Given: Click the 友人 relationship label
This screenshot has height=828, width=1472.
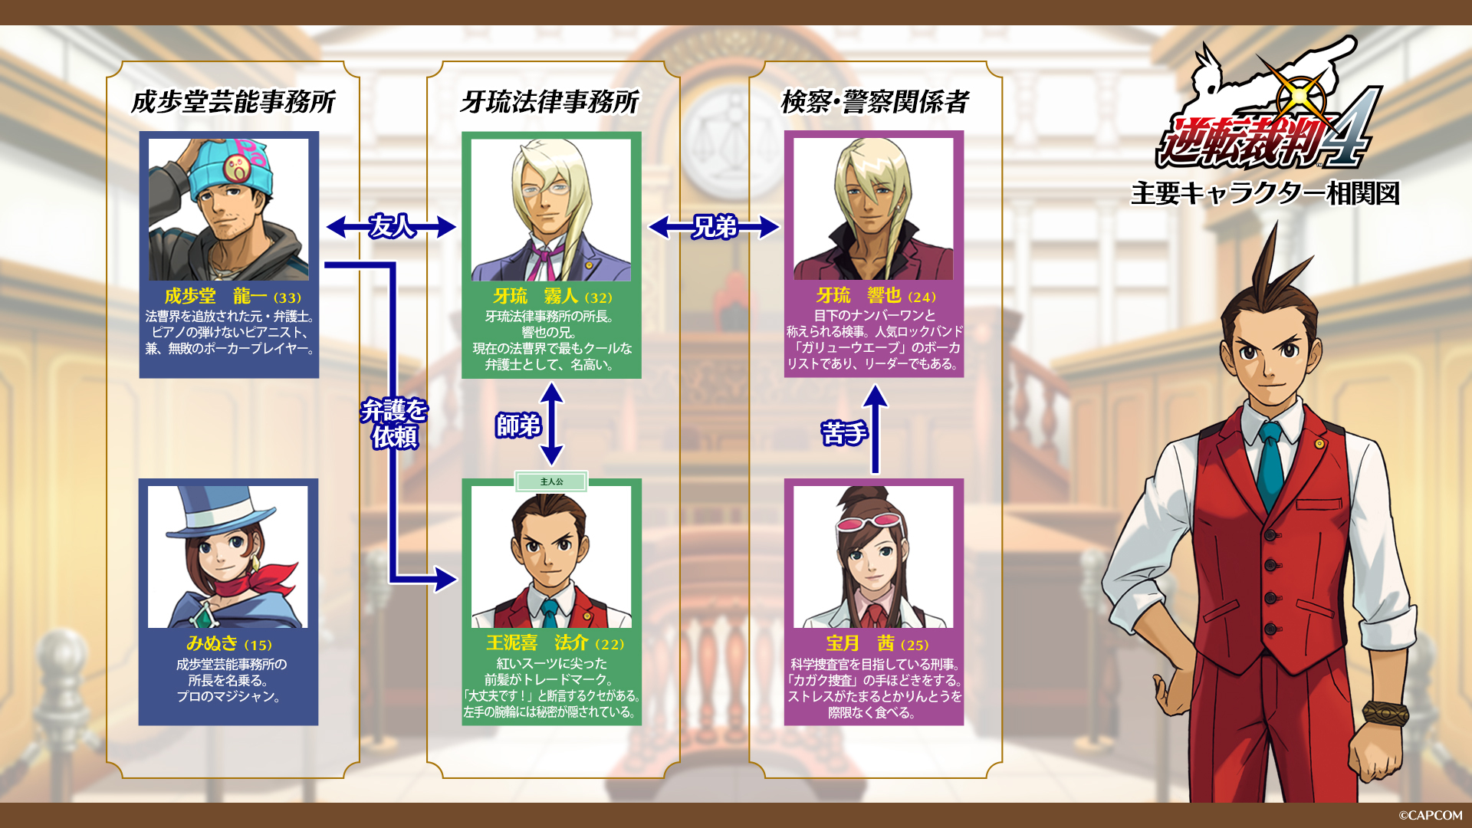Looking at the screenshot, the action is click(392, 226).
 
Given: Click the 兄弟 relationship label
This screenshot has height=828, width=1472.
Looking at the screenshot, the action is click(715, 226).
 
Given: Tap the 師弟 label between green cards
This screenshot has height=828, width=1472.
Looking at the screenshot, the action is click(518, 425).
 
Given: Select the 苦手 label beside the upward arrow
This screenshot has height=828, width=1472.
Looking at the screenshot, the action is click(843, 433).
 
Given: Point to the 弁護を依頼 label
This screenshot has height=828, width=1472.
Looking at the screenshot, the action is click(394, 423).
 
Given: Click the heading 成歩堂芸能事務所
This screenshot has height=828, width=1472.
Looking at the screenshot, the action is click(233, 102).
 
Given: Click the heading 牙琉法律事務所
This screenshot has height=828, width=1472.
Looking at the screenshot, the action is click(550, 102).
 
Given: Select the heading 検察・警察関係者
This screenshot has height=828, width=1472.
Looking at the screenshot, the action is click(875, 102).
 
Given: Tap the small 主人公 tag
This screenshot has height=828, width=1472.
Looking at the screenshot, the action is click(551, 481).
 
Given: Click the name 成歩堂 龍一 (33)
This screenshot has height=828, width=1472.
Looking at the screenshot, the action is click(232, 297).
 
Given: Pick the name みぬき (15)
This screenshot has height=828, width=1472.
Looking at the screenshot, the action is click(228, 644).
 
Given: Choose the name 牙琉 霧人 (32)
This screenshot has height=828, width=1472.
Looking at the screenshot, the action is click(552, 297).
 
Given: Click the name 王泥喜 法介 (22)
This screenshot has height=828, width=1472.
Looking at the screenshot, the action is click(554, 643).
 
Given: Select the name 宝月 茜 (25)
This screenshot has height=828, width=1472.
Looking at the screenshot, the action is click(877, 644).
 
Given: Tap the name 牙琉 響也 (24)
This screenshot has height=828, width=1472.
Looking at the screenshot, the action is click(876, 296).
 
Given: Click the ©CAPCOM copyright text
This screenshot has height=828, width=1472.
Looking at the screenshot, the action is click(1430, 816).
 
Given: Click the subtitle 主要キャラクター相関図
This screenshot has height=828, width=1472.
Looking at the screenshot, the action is click(1265, 193).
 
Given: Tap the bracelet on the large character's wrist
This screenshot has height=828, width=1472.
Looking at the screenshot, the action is click(1385, 713).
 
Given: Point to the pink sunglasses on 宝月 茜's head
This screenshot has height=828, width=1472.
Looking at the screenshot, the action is click(864, 524).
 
